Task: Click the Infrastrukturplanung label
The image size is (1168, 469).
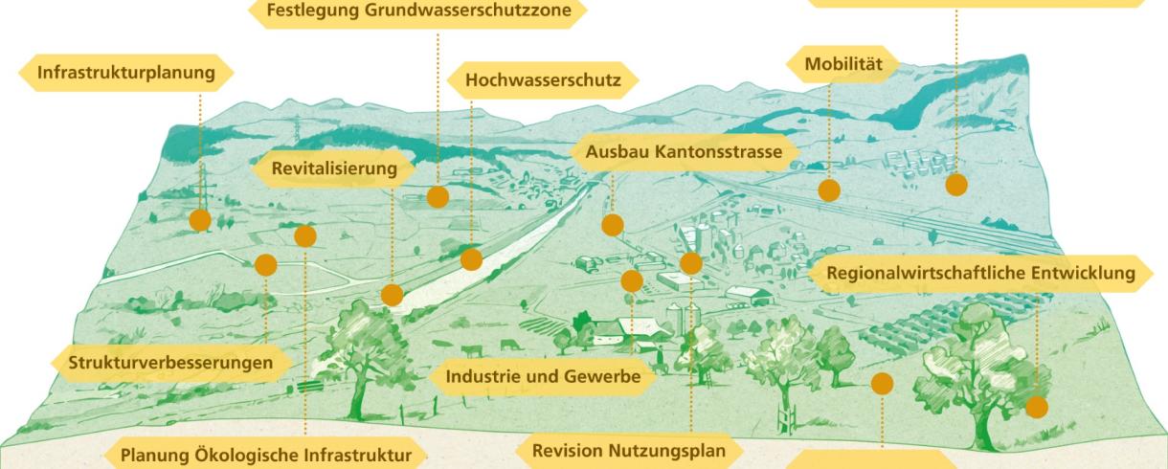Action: point(125,73)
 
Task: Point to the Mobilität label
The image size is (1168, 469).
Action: point(842,64)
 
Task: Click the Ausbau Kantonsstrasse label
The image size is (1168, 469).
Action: point(685,152)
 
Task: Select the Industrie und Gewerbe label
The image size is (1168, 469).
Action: point(543,376)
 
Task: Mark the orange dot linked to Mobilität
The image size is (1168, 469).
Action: point(829,190)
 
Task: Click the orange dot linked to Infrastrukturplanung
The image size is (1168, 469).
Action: point(200,220)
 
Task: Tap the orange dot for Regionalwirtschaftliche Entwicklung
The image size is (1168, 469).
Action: point(1036,408)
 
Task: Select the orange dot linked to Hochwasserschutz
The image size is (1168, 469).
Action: point(471,259)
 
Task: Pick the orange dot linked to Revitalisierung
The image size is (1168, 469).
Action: point(392,295)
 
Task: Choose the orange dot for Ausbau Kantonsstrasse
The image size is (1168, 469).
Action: point(613,225)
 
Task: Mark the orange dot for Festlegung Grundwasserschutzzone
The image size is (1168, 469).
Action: point(438,197)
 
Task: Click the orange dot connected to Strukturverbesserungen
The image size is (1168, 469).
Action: point(266,265)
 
